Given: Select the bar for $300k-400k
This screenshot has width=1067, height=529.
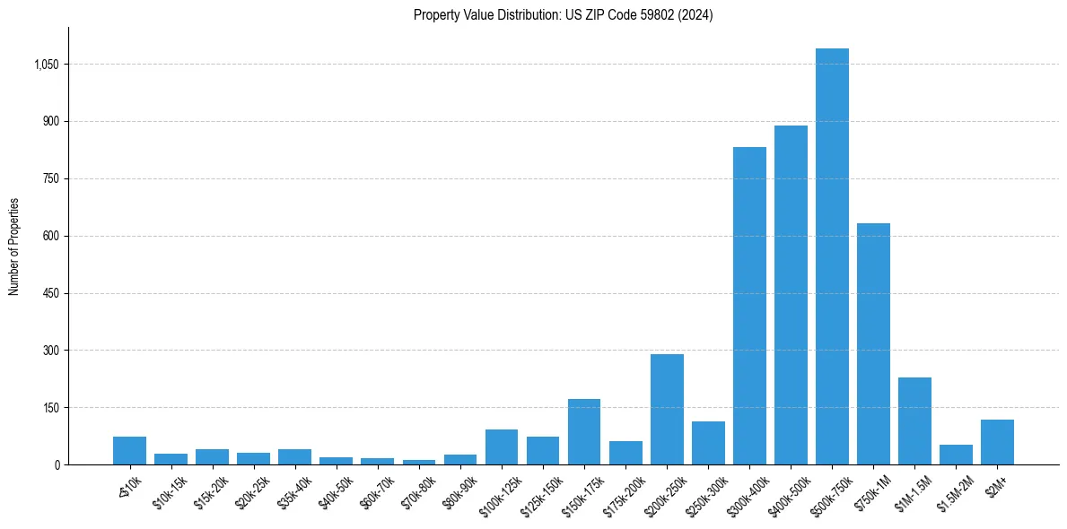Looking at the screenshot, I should [x=749, y=306].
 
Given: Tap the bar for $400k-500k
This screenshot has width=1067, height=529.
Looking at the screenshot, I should [x=791, y=295].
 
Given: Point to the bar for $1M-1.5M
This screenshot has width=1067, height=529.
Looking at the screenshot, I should [x=914, y=421].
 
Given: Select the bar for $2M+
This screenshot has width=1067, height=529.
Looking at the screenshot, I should [x=997, y=442].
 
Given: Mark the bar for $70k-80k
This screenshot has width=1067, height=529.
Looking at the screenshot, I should [x=419, y=462].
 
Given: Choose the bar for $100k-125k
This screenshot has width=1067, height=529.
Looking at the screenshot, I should [x=502, y=447].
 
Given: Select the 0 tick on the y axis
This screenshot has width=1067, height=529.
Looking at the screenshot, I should [x=57, y=464].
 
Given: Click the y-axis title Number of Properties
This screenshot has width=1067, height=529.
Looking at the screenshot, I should [x=13, y=247].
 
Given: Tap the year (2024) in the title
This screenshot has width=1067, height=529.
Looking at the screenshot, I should [x=695, y=15].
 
